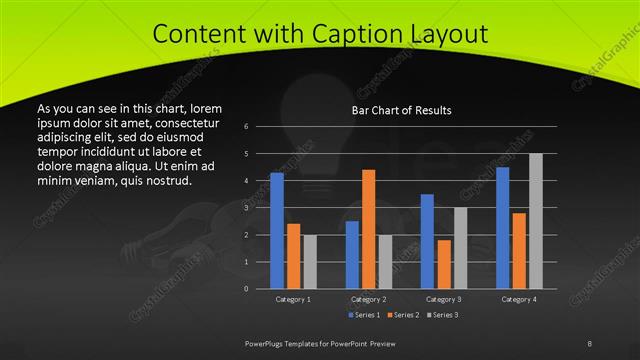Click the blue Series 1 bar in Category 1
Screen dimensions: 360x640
[x=277, y=231]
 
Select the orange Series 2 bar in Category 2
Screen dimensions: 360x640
[x=369, y=229]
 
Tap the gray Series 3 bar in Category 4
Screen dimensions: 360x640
[x=536, y=221]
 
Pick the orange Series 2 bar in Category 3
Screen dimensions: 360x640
[x=444, y=264]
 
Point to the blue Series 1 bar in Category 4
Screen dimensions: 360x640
[x=502, y=228]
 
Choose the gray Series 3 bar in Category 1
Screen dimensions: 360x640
[x=310, y=262]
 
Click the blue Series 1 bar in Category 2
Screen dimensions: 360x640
[x=352, y=255]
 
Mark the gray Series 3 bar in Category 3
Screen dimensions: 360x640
[x=461, y=248]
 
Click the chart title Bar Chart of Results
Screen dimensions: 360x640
[x=401, y=110]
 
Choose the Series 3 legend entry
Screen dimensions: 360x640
[x=441, y=315]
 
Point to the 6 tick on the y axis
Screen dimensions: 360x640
[x=246, y=126]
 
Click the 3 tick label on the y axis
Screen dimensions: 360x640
[x=246, y=208]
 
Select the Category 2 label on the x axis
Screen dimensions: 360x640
[x=369, y=299]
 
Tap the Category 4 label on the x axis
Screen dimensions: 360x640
[x=519, y=299]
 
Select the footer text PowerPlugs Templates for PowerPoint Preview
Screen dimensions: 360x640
[x=327, y=343]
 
